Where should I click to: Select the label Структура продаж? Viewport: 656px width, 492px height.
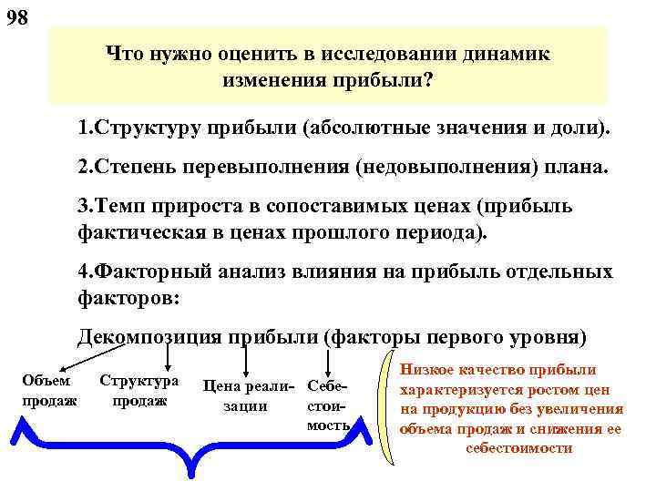pos(139,389)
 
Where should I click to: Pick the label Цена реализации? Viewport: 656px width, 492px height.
pos(246,395)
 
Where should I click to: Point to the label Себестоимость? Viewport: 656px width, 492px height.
pos(329,405)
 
